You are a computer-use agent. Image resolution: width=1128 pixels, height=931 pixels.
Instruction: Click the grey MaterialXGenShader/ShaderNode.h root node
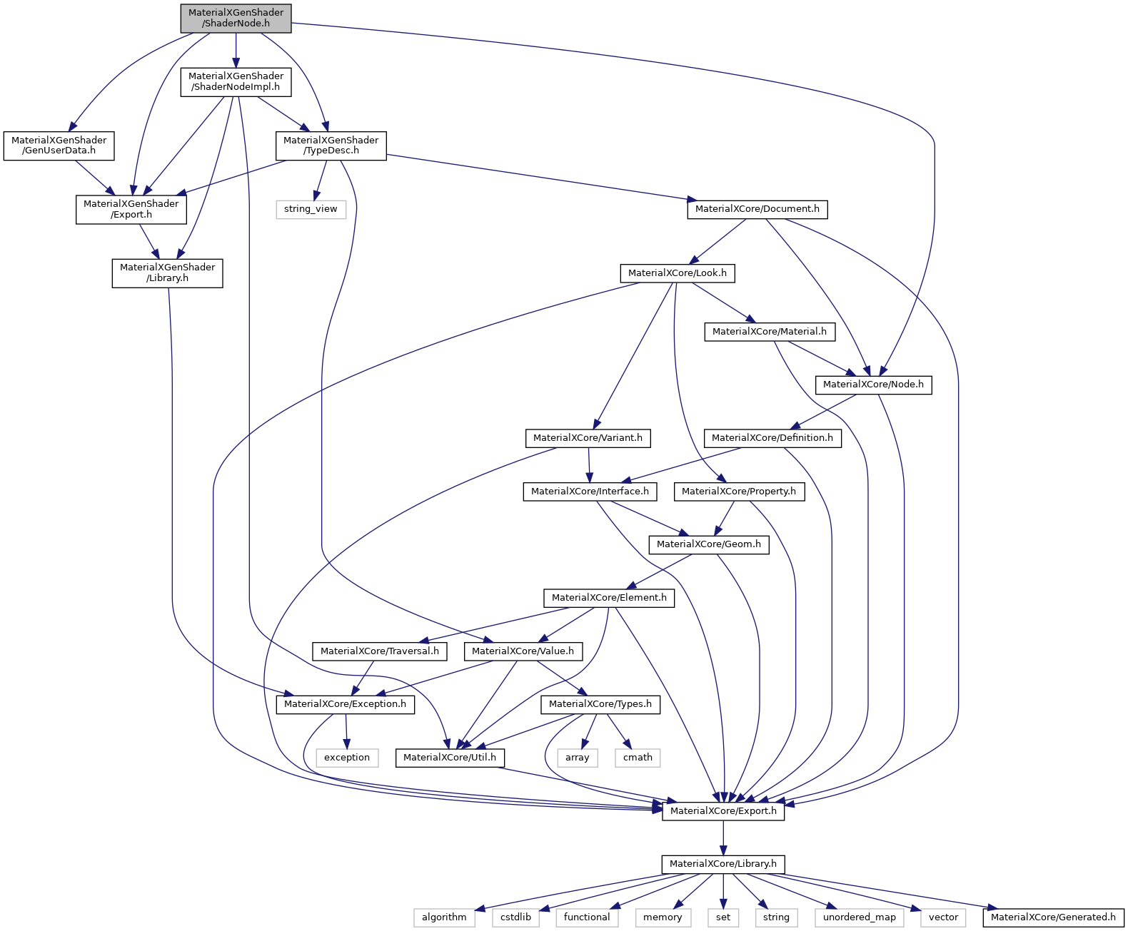236,18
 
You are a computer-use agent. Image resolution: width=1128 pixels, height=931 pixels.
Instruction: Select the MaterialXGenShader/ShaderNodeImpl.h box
236,81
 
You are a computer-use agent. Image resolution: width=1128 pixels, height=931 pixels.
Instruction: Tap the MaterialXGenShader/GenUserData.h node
59,146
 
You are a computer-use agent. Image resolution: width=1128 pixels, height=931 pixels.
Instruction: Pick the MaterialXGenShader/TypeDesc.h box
331,146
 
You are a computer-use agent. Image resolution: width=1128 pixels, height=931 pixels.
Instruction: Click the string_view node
311,209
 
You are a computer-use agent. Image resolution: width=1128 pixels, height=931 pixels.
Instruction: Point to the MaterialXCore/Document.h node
757,209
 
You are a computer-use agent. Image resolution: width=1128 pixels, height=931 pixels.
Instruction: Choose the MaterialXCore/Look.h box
677,273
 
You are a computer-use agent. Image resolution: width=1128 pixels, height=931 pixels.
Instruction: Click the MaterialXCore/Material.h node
769,331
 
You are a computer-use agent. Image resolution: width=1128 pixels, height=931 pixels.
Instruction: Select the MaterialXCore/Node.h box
872,385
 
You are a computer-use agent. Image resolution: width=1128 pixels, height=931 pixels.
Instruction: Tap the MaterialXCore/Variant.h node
588,438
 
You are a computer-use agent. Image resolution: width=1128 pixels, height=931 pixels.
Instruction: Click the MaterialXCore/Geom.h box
708,544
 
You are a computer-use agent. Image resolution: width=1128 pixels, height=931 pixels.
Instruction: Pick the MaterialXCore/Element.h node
609,598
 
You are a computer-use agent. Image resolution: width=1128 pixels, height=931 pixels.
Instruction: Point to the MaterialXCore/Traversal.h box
379,651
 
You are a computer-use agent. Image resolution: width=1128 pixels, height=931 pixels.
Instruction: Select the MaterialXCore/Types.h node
600,704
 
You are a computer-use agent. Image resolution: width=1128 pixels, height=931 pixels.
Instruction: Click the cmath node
637,758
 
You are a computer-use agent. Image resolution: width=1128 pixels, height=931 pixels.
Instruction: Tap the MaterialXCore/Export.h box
722,811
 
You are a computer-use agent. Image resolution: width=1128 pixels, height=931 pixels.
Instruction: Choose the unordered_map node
859,917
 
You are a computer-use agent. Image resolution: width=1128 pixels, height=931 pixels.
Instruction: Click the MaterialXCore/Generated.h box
1052,917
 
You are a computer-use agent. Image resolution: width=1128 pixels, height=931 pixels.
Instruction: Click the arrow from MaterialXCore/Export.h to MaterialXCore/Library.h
723,838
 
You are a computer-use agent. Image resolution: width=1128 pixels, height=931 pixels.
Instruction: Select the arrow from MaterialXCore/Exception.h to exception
346,731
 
